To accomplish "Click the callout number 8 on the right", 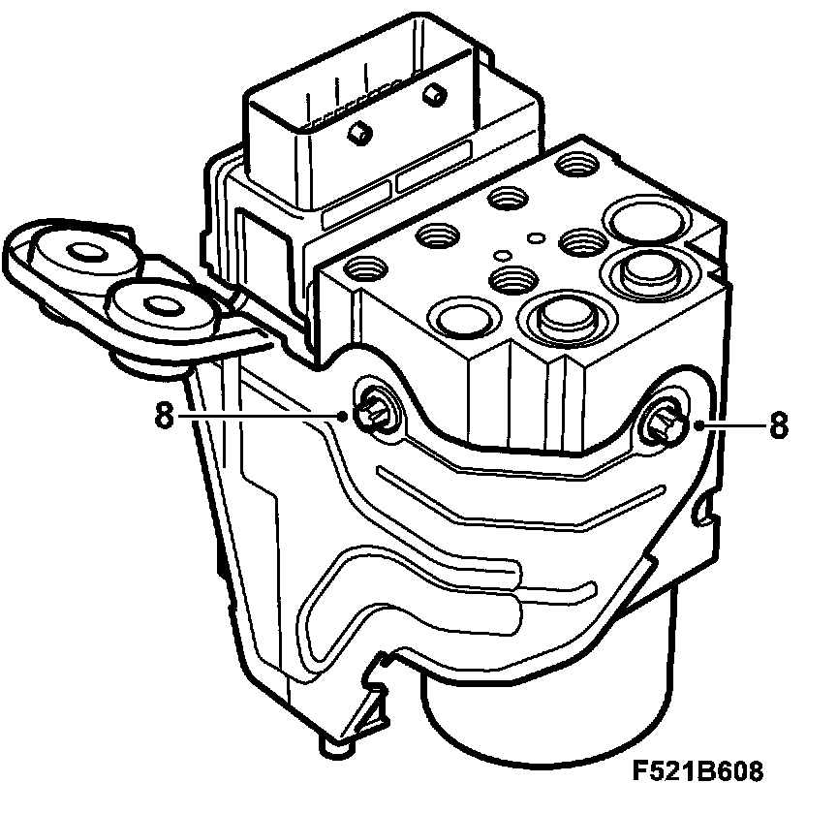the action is (x=778, y=424).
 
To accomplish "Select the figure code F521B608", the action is (x=698, y=771).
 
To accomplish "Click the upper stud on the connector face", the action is (x=435, y=94).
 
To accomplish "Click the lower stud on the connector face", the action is (x=358, y=133).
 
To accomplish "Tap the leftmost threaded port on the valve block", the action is (x=368, y=266).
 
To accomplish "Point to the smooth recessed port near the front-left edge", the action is (x=456, y=316).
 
